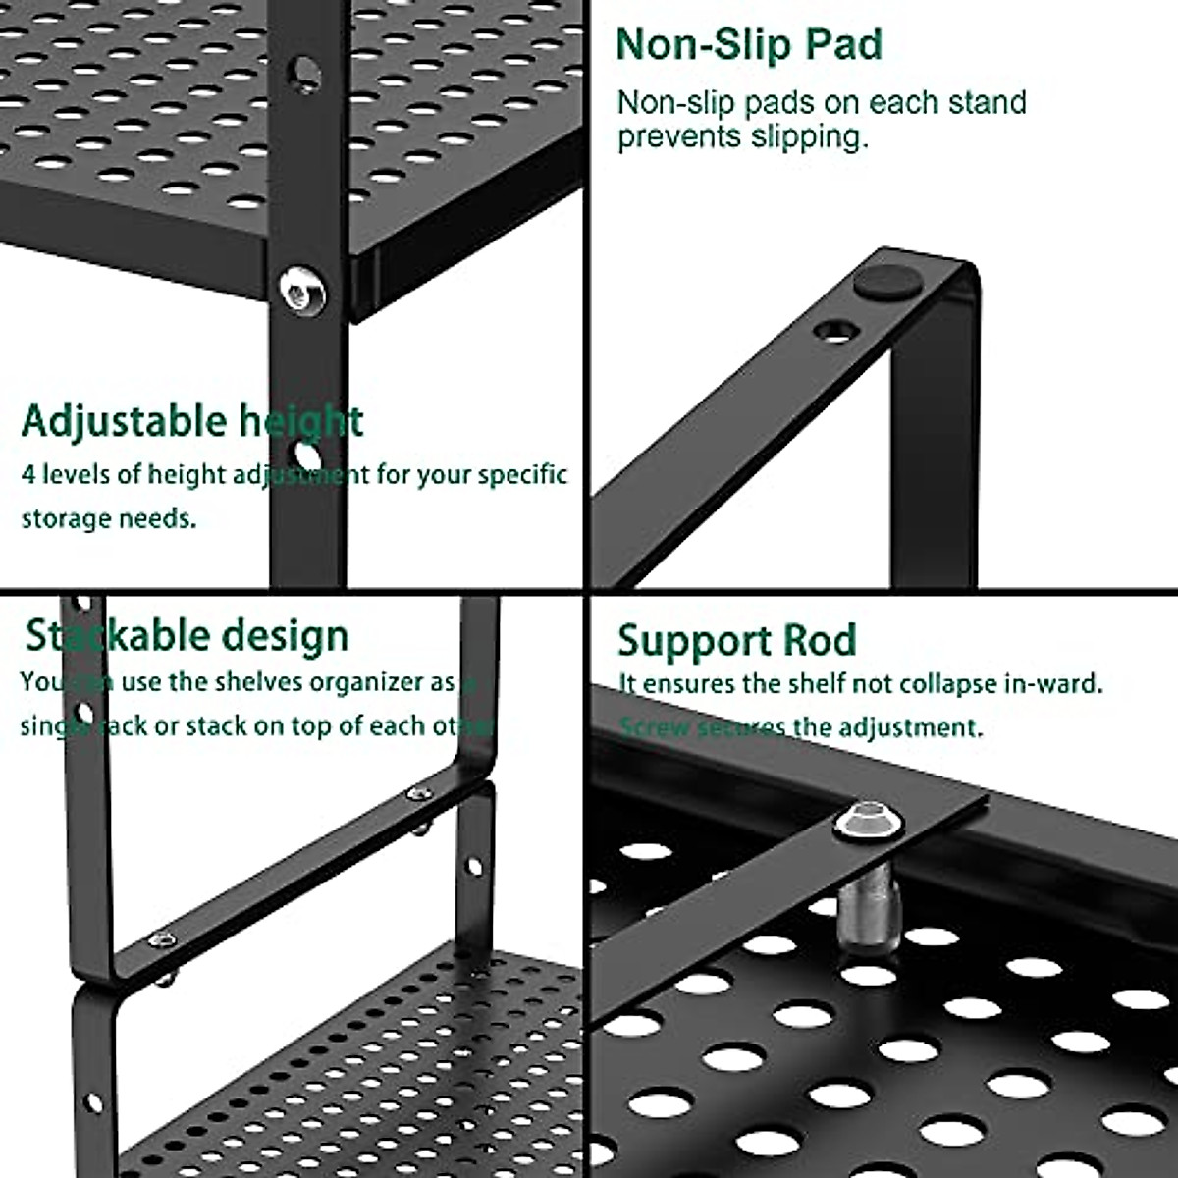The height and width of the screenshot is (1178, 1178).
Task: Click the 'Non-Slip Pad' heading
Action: pos(749,45)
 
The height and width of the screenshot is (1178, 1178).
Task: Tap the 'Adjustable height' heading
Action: pos(192,421)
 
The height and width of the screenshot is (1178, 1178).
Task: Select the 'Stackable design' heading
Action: pos(187,636)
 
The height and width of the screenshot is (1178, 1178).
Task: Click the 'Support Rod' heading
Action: pos(736,641)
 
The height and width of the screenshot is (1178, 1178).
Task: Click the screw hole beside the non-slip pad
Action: pos(836,329)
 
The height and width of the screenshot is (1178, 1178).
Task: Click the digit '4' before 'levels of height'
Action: pos(28,475)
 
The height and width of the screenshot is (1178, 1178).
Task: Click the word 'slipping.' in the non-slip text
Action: pos(810,136)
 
